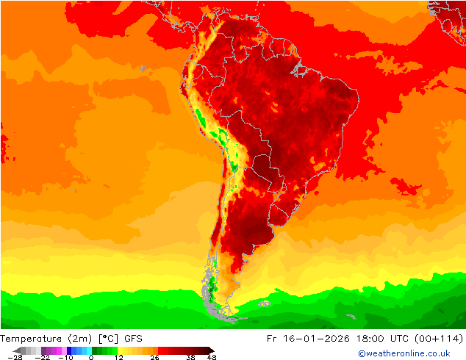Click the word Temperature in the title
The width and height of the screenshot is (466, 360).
32,339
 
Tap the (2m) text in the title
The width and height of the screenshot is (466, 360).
79,339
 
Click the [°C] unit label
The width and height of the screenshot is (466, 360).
109,339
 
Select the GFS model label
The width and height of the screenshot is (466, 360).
133,339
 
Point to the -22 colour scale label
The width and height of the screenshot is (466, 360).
44,358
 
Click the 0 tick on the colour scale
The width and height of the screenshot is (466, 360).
91,358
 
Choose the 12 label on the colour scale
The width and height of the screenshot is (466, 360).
118,358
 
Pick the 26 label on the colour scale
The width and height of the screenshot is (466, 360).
154,358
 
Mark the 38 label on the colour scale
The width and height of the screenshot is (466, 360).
190,358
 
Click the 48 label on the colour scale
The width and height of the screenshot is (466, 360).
212,358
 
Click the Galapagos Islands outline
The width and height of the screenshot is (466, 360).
144,68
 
